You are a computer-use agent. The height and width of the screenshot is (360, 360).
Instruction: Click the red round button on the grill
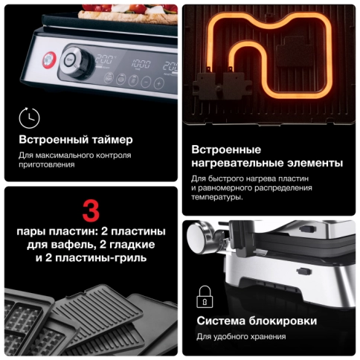pyautogui.click(x=51, y=58)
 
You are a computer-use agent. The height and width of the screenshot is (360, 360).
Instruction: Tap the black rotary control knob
pyautogui.click(x=74, y=59)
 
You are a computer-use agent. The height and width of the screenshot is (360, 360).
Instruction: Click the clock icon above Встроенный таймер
pyautogui.click(x=29, y=118)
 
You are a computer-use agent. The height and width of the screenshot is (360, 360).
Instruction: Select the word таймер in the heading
pyautogui.click(x=110, y=141)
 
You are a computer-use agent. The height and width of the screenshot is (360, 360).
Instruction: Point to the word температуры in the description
pyautogui.click(x=216, y=197)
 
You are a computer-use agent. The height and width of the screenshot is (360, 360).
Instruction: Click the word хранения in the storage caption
pyautogui.click(x=265, y=337)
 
